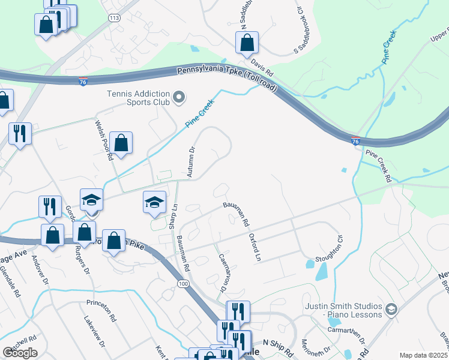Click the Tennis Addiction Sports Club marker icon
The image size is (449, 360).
178,97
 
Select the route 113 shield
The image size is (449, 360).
114,19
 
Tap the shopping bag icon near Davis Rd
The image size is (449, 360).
247,43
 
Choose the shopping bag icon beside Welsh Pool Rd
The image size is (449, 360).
121,143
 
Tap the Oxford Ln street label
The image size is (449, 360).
255,247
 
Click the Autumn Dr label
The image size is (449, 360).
191,162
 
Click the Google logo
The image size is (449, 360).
20,352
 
